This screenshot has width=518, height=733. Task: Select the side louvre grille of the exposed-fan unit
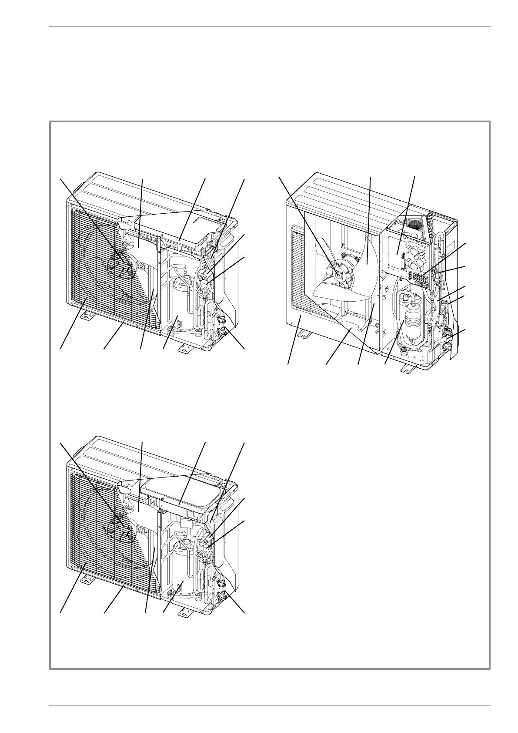point(297,266)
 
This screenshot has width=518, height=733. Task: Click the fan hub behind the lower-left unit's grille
point(120,524)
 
